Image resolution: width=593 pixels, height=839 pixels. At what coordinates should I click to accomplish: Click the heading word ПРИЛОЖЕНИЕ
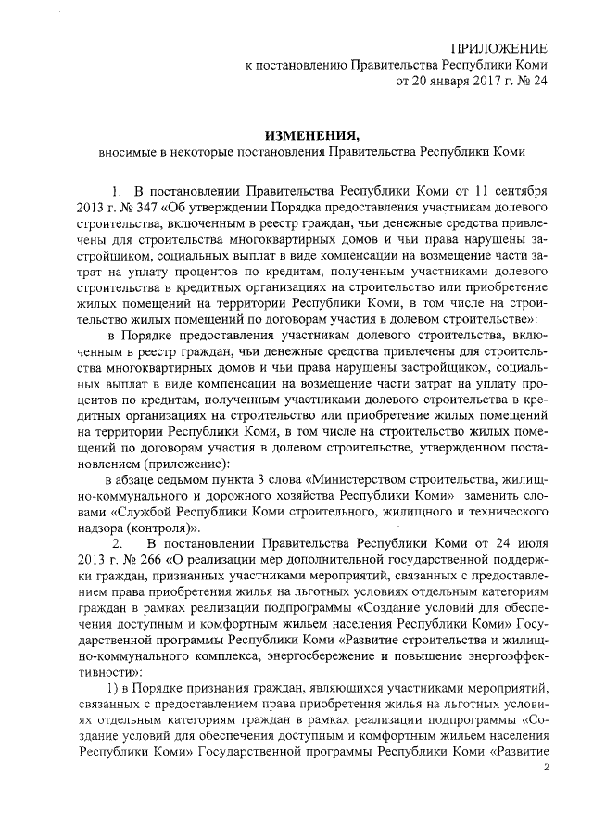pos(498,48)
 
